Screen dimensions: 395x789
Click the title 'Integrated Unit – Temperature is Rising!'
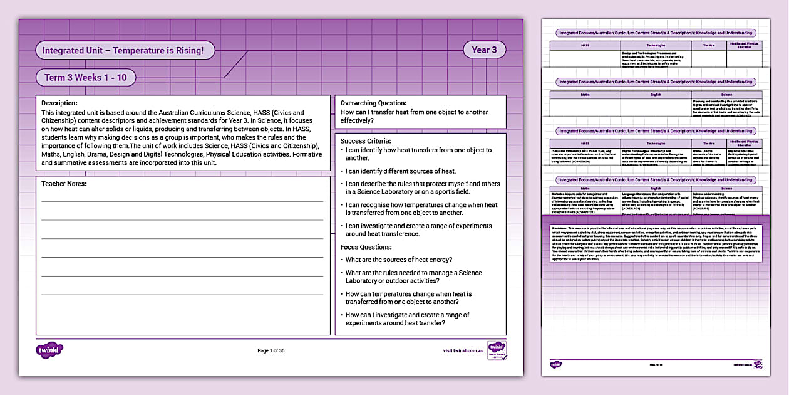click(x=123, y=50)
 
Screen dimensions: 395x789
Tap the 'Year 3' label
click(x=484, y=50)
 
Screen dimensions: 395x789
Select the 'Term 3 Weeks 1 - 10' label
click(x=85, y=78)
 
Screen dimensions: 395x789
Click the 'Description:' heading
click(x=59, y=103)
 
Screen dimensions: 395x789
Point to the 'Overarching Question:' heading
click(x=373, y=103)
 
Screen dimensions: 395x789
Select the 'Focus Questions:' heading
click(x=366, y=247)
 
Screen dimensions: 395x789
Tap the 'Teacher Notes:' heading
click(x=64, y=184)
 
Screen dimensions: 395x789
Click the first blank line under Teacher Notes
click(x=182, y=201)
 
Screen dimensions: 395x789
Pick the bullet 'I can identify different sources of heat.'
click(x=401, y=171)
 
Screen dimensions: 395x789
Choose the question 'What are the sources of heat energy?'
click(x=399, y=260)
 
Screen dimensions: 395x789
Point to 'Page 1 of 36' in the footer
click(x=271, y=350)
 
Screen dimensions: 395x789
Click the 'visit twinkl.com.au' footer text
click(x=463, y=350)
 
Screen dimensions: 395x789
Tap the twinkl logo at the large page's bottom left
click(x=50, y=350)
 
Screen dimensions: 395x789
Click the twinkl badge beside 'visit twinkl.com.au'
click(x=497, y=350)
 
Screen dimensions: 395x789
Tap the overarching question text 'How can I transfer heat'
click(x=413, y=116)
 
